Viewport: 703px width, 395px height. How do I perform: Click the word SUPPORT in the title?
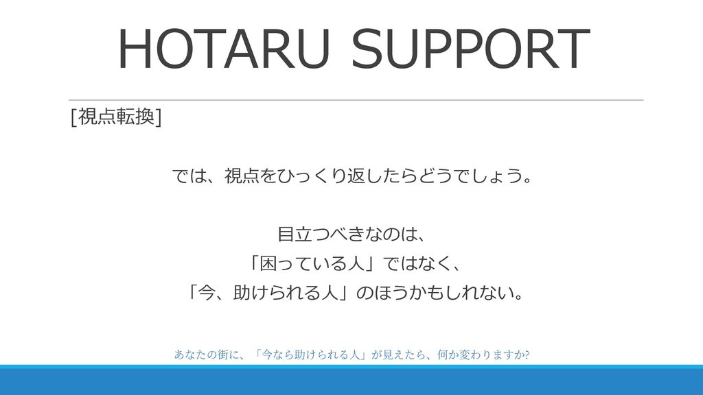click(470, 49)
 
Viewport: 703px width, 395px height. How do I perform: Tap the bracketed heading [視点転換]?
click(116, 117)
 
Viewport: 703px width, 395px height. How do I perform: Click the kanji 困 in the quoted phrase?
click(268, 263)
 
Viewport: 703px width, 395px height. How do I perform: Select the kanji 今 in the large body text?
click(206, 293)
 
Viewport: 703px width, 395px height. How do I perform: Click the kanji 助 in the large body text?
click(242, 293)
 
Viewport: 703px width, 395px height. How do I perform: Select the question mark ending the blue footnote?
click(527, 355)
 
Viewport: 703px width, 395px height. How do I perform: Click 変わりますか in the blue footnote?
click(491, 355)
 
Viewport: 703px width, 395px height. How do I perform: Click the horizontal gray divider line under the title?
click(356, 100)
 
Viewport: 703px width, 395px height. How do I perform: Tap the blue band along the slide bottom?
click(351, 380)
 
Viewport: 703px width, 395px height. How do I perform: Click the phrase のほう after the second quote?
click(382, 293)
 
